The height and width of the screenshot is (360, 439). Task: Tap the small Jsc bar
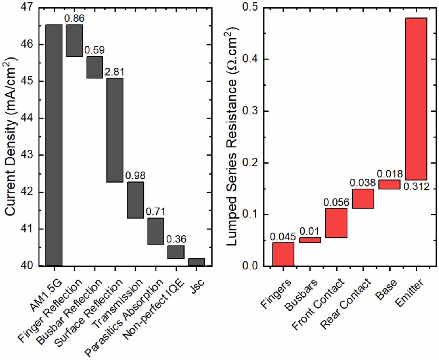coord(197,262)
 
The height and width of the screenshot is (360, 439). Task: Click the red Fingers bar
coord(283,254)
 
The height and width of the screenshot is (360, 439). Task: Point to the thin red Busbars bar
coord(310,240)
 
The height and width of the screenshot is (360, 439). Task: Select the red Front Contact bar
coord(336,223)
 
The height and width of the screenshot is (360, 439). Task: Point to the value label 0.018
coord(390,174)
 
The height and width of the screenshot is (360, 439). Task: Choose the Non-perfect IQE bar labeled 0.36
coord(176,252)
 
